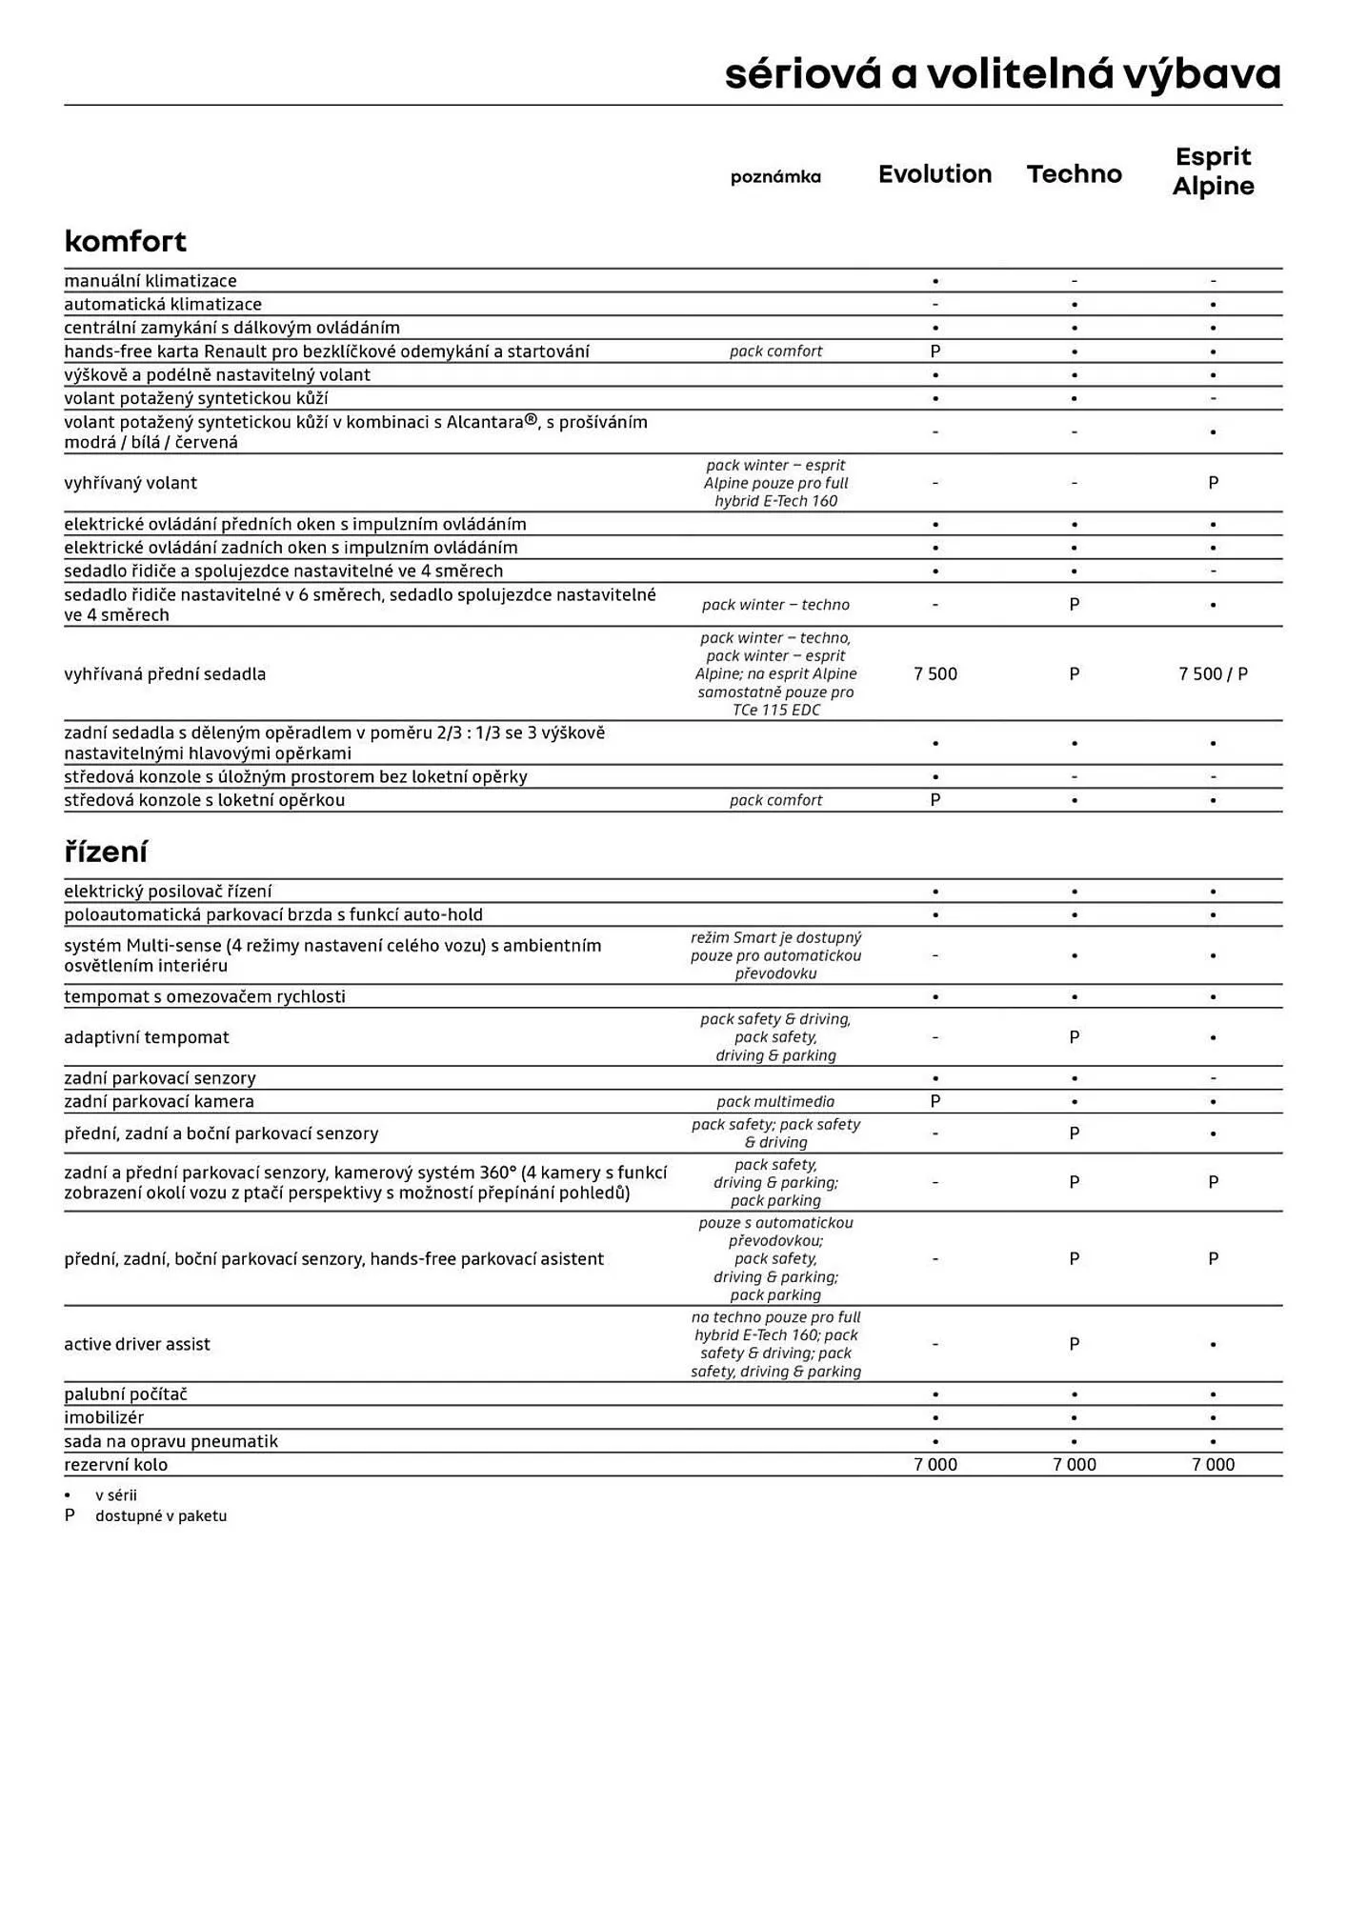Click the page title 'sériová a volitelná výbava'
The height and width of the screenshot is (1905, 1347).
tap(1002, 74)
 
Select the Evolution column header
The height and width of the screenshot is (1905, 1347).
tap(935, 174)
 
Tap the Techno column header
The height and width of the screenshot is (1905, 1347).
tap(1074, 174)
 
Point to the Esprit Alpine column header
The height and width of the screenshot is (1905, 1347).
tap(1213, 171)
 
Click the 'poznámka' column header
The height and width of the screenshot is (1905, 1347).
tap(775, 176)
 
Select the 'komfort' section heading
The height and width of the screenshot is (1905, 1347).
tap(125, 241)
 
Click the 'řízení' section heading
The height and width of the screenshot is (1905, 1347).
tap(106, 852)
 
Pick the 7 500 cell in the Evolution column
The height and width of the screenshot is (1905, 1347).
tap(935, 674)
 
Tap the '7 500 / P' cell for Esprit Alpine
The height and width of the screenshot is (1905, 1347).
tap(1213, 674)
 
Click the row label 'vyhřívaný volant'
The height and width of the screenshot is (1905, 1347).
tap(131, 483)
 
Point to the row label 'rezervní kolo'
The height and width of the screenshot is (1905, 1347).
tap(115, 1465)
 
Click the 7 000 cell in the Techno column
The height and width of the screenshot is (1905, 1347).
tap(1074, 1465)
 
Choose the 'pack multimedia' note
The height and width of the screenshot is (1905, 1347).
tap(775, 1102)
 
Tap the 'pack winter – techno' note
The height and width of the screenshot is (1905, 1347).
tap(775, 605)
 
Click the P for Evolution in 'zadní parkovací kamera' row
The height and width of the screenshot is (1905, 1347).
tap(935, 1102)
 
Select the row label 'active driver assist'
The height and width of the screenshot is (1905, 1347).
tap(137, 1344)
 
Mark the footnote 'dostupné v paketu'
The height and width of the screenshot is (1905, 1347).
tap(161, 1515)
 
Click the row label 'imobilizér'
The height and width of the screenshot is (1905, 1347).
tap(104, 1417)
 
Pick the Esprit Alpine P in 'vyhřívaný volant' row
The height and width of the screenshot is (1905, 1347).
tap(1213, 483)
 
